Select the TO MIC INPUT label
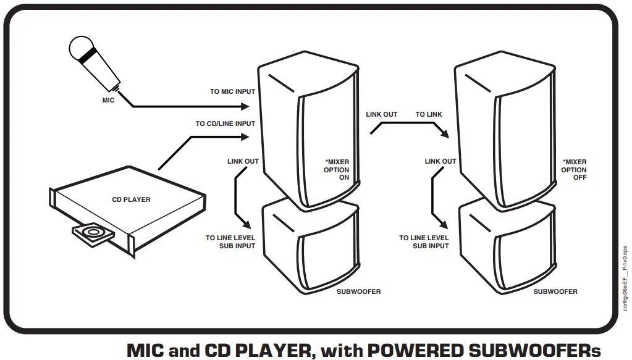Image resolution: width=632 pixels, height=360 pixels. click(x=232, y=92)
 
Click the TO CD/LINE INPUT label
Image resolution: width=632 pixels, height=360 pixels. click(x=225, y=123)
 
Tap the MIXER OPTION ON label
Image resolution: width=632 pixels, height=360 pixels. click(x=337, y=170)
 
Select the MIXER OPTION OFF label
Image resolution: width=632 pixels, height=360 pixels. click(x=574, y=170)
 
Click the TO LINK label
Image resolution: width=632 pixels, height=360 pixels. click(x=429, y=115)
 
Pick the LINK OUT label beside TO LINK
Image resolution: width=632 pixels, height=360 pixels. click(x=382, y=115)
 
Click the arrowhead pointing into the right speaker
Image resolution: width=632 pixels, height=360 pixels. click(x=443, y=135)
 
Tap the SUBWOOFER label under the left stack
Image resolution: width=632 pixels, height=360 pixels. click(x=360, y=291)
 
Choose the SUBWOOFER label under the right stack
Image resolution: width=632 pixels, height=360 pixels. click(x=555, y=291)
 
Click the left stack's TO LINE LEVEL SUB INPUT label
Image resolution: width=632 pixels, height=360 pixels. click(x=231, y=241)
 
